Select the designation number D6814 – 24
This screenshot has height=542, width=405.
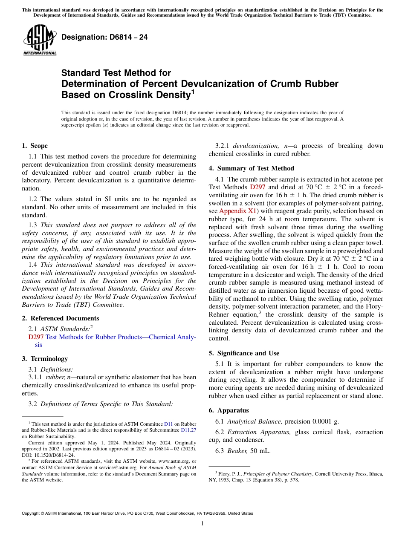104,37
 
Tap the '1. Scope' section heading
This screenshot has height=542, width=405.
35,146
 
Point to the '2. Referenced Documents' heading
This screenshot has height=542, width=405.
60,318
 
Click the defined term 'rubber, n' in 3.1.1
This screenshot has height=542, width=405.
55,377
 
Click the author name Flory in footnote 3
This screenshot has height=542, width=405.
224,473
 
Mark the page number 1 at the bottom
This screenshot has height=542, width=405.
202,524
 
